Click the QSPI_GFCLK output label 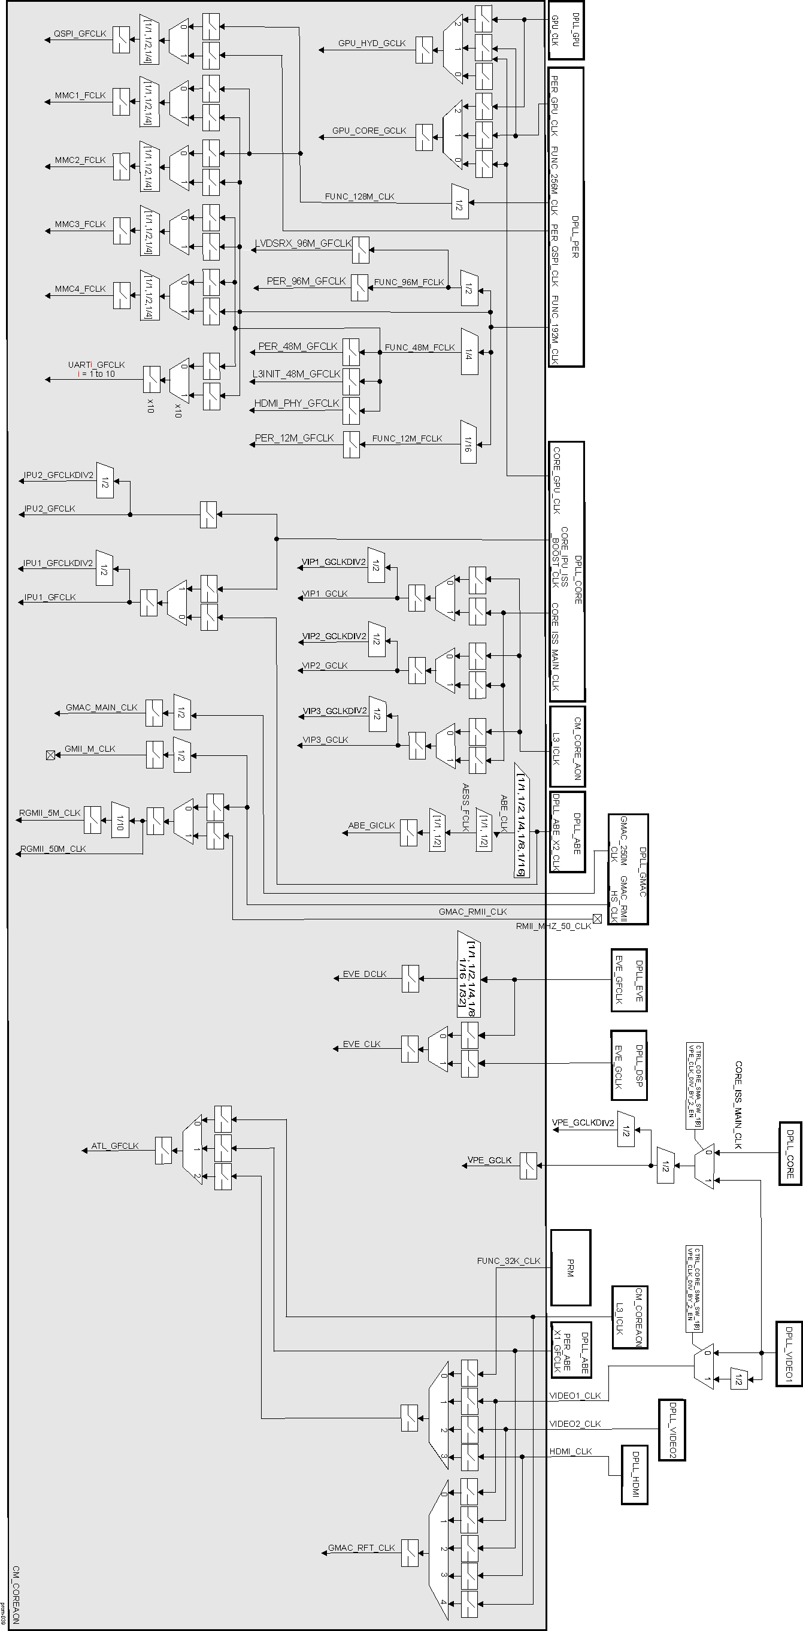pos(80,34)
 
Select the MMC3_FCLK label pos(80,224)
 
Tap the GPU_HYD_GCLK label pos(371,43)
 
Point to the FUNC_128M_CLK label pos(359,196)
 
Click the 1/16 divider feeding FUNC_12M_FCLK pos(469,442)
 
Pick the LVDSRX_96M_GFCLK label pos(304,243)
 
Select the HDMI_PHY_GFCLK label pos(297,403)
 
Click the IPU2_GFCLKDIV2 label pos(58,475)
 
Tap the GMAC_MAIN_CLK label pos(101,707)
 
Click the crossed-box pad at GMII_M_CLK pos(51,755)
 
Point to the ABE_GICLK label pos(371,825)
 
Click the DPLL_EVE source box pos(629,979)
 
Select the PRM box pos(570,1267)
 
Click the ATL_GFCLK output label pos(114,1146)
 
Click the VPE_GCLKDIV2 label pos(583,1123)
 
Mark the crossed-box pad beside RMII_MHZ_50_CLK pos(597,919)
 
